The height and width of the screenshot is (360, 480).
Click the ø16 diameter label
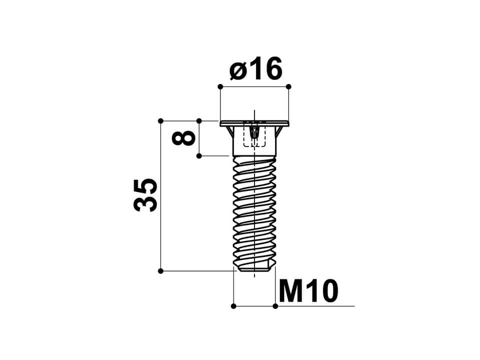tap(255, 69)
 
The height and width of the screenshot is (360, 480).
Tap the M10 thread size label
tap(308, 291)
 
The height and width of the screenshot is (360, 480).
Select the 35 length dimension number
tap(145, 195)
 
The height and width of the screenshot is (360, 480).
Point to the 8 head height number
tap(183, 138)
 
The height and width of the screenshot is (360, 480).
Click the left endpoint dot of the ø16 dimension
tap(220, 86)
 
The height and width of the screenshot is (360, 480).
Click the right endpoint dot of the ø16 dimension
tap(288, 86)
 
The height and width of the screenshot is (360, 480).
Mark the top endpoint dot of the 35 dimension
tap(160, 121)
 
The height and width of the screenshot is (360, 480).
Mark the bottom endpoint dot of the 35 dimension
tap(160, 271)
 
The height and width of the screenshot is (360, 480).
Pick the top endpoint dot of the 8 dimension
tap(199, 121)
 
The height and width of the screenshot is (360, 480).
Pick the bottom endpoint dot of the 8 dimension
tap(199, 156)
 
